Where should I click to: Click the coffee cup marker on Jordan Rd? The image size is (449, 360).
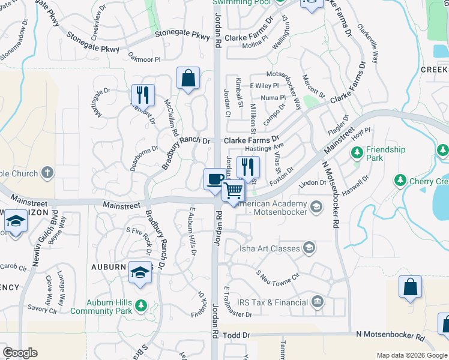click(x=215, y=179)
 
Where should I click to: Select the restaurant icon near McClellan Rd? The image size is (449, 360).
click(x=143, y=95)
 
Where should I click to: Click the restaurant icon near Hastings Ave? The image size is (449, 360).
click(x=248, y=167)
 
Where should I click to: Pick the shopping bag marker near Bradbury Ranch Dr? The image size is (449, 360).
click(x=188, y=78)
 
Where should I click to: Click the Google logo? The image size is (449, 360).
click(x=20, y=353)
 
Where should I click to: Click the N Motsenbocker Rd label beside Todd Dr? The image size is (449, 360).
click(x=390, y=338)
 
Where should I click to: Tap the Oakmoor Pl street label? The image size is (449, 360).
click(x=145, y=59)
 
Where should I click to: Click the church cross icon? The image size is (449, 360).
click(x=47, y=173)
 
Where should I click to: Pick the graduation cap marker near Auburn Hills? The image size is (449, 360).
click(x=140, y=273)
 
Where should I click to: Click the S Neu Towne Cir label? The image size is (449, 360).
click(x=277, y=276)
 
